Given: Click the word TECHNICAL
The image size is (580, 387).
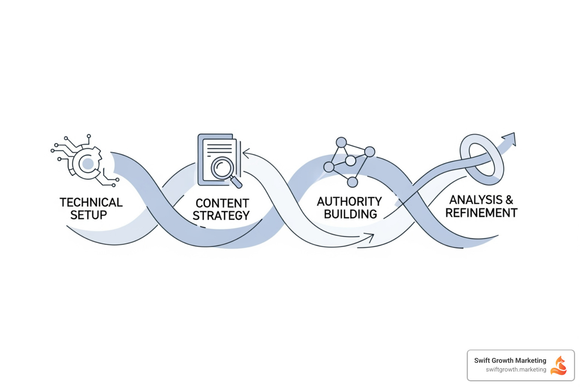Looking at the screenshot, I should pos(91,203).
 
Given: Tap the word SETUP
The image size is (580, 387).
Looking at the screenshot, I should pos(89,215).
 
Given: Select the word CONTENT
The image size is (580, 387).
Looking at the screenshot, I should pos(222,203).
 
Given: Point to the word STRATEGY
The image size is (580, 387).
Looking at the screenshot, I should pos(221,216).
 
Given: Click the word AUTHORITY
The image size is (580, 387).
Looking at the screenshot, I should pos(349,202).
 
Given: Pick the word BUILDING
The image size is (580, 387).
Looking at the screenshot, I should pos(350,214).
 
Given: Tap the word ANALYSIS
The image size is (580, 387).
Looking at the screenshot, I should pos(476,200).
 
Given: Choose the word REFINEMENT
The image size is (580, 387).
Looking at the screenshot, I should pos(481,213).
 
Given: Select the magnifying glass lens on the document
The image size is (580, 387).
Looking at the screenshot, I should pos(222,167).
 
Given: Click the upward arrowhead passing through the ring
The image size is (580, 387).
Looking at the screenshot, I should pos(510,138).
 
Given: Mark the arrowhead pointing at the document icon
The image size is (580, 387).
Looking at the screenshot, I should pos(246,153).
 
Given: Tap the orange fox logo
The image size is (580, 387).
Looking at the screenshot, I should pos(559,365).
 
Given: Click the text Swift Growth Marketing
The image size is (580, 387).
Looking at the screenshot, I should pos(510,361).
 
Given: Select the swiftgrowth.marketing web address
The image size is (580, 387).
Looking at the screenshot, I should pos(516,370).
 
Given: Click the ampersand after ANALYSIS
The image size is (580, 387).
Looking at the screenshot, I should pos(509,200).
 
